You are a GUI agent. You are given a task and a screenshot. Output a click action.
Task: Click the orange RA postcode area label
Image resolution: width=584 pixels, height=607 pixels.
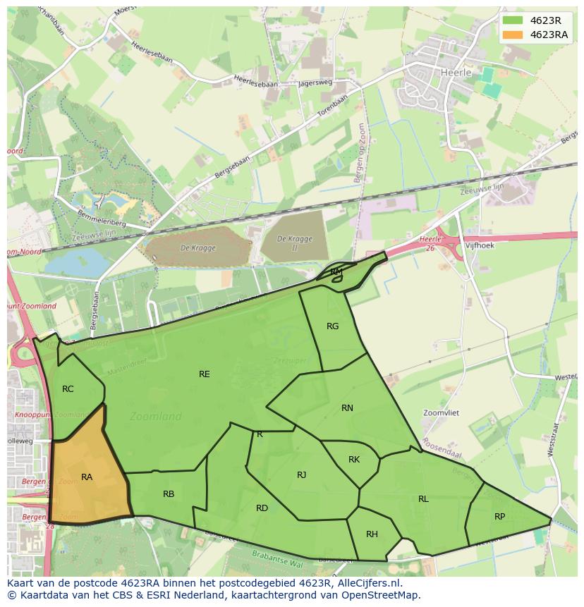click(87, 477)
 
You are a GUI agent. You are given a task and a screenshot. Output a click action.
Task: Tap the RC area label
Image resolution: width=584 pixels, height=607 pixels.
click(68, 389)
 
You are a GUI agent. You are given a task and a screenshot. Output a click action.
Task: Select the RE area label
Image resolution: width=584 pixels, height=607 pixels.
click(205, 374)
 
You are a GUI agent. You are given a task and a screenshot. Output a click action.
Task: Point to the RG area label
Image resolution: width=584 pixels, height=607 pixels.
click(333, 326)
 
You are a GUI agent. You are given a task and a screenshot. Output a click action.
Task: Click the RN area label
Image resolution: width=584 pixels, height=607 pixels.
click(347, 408)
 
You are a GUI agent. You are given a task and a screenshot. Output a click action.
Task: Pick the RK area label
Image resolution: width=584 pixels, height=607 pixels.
click(354, 460)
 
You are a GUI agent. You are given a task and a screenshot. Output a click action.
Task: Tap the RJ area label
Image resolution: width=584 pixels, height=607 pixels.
click(301, 474)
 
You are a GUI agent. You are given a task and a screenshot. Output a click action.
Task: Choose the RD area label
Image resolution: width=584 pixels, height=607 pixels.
click(262, 508)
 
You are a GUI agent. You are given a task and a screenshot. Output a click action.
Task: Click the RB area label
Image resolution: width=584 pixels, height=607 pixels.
click(169, 494)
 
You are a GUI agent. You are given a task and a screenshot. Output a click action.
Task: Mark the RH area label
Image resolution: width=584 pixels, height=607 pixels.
click(372, 534)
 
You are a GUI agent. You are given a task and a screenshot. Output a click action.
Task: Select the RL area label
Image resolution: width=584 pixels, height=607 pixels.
click(423, 499)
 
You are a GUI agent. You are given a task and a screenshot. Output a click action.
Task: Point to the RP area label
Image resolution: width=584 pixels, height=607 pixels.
click(499, 517)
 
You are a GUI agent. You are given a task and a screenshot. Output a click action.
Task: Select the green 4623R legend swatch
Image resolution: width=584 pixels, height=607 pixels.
click(513, 20)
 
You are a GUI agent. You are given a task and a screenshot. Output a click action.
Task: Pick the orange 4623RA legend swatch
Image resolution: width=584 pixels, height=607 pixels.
click(513, 35)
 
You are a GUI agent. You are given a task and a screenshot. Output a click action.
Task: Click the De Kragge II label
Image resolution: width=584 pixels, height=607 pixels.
click(294, 243)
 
